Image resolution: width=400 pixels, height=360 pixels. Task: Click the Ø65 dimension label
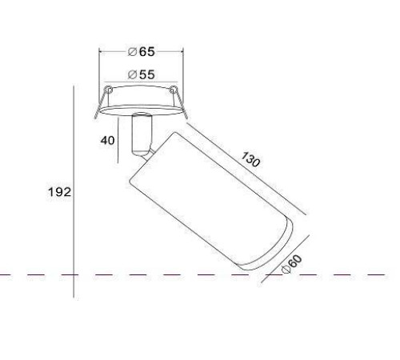[x=141, y=51]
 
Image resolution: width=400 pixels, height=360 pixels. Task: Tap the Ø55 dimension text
[x=141, y=74]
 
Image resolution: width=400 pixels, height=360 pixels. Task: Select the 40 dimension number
[x=107, y=141]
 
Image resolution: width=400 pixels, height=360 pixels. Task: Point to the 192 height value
[x=59, y=192]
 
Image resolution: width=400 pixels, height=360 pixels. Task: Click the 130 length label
[x=250, y=159]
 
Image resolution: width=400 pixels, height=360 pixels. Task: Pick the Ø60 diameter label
[x=292, y=264]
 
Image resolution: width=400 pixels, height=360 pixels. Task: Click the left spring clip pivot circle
[x=108, y=90]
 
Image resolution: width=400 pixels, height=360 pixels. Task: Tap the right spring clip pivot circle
[x=173, y=90]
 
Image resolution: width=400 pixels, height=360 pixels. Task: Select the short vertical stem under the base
[x=142, y=134]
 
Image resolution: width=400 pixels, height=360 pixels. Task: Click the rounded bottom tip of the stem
[x=141, y=154]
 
